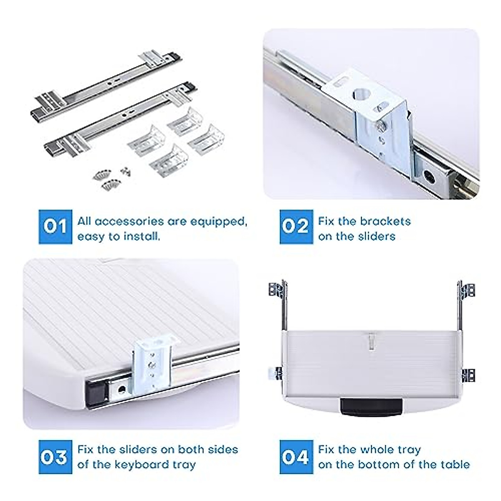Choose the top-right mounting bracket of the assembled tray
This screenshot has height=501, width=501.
point(467,290)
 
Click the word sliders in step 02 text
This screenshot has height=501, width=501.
point(377,236)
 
